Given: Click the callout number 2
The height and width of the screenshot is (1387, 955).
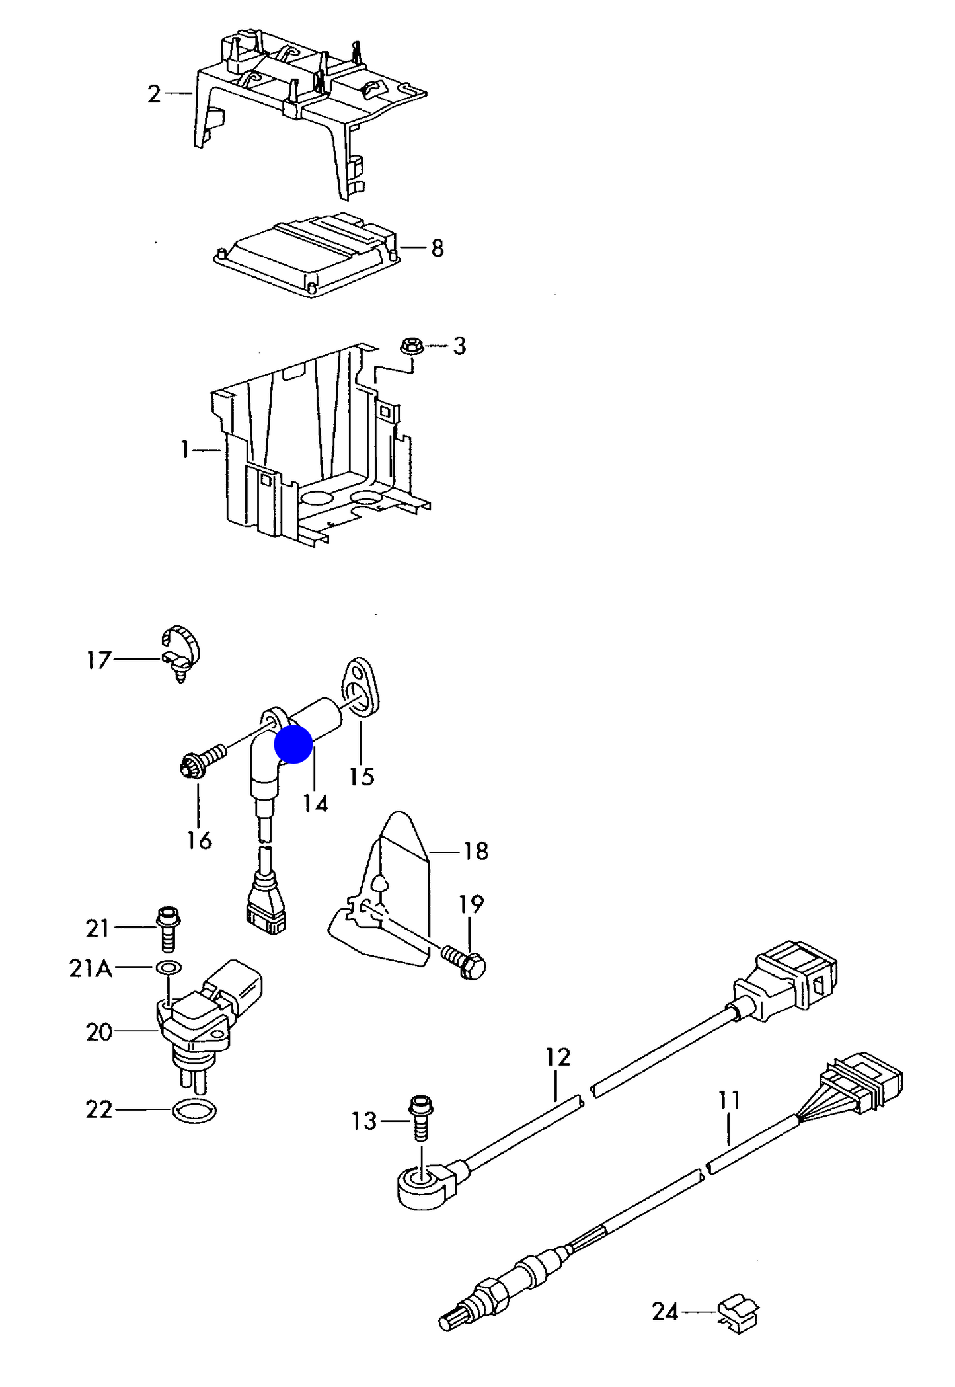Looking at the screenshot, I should (154, 94).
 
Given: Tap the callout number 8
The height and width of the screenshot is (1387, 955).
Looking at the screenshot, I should (437, 248).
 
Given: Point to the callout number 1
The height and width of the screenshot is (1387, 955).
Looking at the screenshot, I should (185, 450).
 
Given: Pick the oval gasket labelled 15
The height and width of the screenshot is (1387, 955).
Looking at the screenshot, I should (360, 688).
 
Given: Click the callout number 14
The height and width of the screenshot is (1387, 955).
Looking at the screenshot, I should (315, 803).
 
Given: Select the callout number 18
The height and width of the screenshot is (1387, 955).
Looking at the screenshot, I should (476, 851).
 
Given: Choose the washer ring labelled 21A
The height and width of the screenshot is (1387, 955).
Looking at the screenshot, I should (169, 968).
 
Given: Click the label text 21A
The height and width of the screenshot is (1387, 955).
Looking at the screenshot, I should (91, 969).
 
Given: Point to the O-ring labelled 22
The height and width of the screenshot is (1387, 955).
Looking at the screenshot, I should (194, 1111).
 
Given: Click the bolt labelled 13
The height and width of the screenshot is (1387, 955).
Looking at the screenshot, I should (421, 1118).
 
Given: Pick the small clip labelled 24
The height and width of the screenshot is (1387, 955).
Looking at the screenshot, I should (739, 1312).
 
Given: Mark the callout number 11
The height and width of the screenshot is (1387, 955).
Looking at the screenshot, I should (729, 1100).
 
